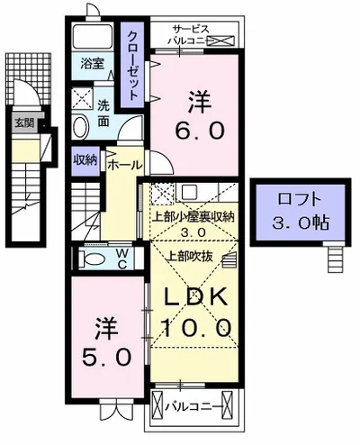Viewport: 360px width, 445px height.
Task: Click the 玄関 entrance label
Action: [x=20, y=125]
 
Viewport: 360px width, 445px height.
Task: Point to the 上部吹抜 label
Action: [x=188, y=255]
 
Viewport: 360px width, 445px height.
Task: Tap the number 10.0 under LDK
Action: [x=197, y=325]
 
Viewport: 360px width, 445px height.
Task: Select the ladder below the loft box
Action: [x=336, y=259]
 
